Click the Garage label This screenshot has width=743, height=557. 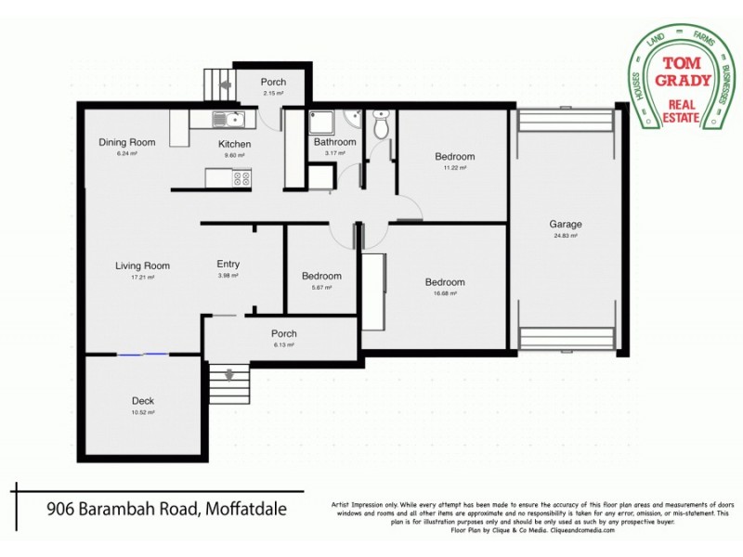pyautogui.click(x=565, y=225)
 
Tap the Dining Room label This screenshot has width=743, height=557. pyautogui.click(x=127, y=142)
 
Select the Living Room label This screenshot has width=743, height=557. pyautogui.click(x=142, y=266)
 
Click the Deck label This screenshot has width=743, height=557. pyautogui.click(x=142, y=401)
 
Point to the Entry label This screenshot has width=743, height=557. pyautogui.click(x=228, y=264)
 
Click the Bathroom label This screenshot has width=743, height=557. pyautogui.click(x=334, y=142)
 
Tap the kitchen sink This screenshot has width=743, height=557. pyautogui.click(x=228, y=118)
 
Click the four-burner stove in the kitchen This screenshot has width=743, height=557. pyautogui.click(x=241, y=177)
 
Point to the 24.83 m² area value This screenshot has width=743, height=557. pyautogui.click(x=565, y=237)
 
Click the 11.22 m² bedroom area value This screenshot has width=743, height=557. pyautogui.click(x=454, y=168)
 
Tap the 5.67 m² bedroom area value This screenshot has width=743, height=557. pyautogui.click(x=321, y=287)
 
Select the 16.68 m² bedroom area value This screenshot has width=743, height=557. pyautogui.click(x=445, y=293)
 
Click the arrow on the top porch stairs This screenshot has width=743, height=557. pyautogui.click(x=225, y=82)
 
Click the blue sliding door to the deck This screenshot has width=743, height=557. pyautogui.click(x=142, y=354)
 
